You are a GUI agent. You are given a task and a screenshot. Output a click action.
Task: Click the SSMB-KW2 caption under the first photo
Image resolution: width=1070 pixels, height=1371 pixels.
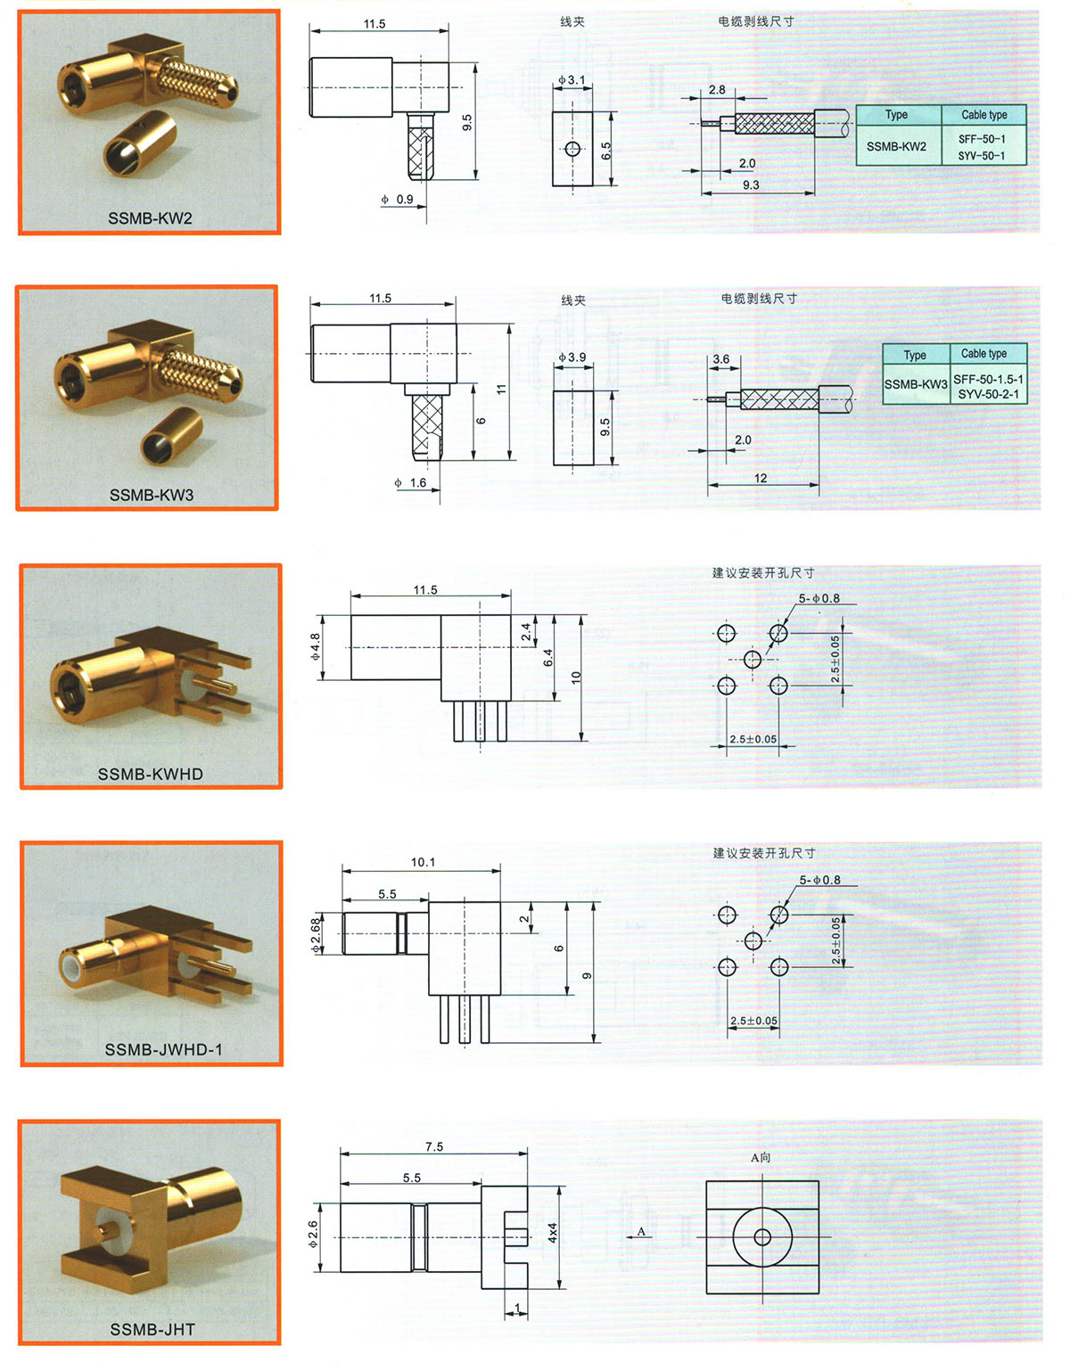(x=150, y=218)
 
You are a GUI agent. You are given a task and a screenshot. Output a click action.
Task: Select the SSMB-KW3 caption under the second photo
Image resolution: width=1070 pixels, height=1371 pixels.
(x=152, y=495)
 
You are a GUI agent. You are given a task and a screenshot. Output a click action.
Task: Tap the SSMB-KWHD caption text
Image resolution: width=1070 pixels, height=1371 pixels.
(x=150, y=774)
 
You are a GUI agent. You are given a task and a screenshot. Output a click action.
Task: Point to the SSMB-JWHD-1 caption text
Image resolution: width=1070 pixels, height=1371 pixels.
(x=163, y=1049)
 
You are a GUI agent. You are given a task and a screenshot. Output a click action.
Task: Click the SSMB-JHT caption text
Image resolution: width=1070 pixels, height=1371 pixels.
(x=152, y=1329)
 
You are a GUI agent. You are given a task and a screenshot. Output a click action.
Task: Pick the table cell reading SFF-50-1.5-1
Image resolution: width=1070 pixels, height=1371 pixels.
(x=988, y=379)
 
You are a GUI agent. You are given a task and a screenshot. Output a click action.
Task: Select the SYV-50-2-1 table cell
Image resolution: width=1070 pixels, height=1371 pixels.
(x=988, y=394)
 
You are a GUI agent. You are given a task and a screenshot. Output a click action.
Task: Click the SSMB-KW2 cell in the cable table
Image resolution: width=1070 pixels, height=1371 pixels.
(x=896, y=146)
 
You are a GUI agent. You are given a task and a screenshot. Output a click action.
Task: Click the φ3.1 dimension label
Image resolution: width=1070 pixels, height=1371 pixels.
(x=572, y=80)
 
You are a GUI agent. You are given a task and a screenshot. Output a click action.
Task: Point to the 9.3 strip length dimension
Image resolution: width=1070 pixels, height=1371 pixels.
(x=751, y=185)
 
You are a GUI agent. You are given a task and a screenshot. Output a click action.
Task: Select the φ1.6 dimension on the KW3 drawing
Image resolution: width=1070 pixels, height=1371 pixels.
(x=411, y=482)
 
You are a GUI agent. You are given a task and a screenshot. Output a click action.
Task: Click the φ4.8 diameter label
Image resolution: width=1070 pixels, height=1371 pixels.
(x=315, y=646)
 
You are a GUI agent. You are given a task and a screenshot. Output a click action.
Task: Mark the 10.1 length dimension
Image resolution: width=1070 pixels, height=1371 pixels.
(x=423, y=862)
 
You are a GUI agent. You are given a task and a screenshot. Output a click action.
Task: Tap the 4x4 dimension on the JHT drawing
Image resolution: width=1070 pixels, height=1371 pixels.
(x=553, y=1233)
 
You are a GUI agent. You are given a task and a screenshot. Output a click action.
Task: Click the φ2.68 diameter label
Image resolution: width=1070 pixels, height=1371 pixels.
(x=316, y=934)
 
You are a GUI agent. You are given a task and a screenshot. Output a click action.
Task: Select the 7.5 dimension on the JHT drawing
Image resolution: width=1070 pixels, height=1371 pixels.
(x=434, y=1146)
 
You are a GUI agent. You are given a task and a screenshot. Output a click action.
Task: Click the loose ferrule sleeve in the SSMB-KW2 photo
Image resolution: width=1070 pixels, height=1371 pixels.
(x=140, y=144)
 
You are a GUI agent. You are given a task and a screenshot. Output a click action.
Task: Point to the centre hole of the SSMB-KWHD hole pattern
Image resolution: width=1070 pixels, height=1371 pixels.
(x=753, y=660)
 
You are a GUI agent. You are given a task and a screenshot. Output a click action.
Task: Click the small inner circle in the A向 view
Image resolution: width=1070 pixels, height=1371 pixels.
(x=762, y=1237)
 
